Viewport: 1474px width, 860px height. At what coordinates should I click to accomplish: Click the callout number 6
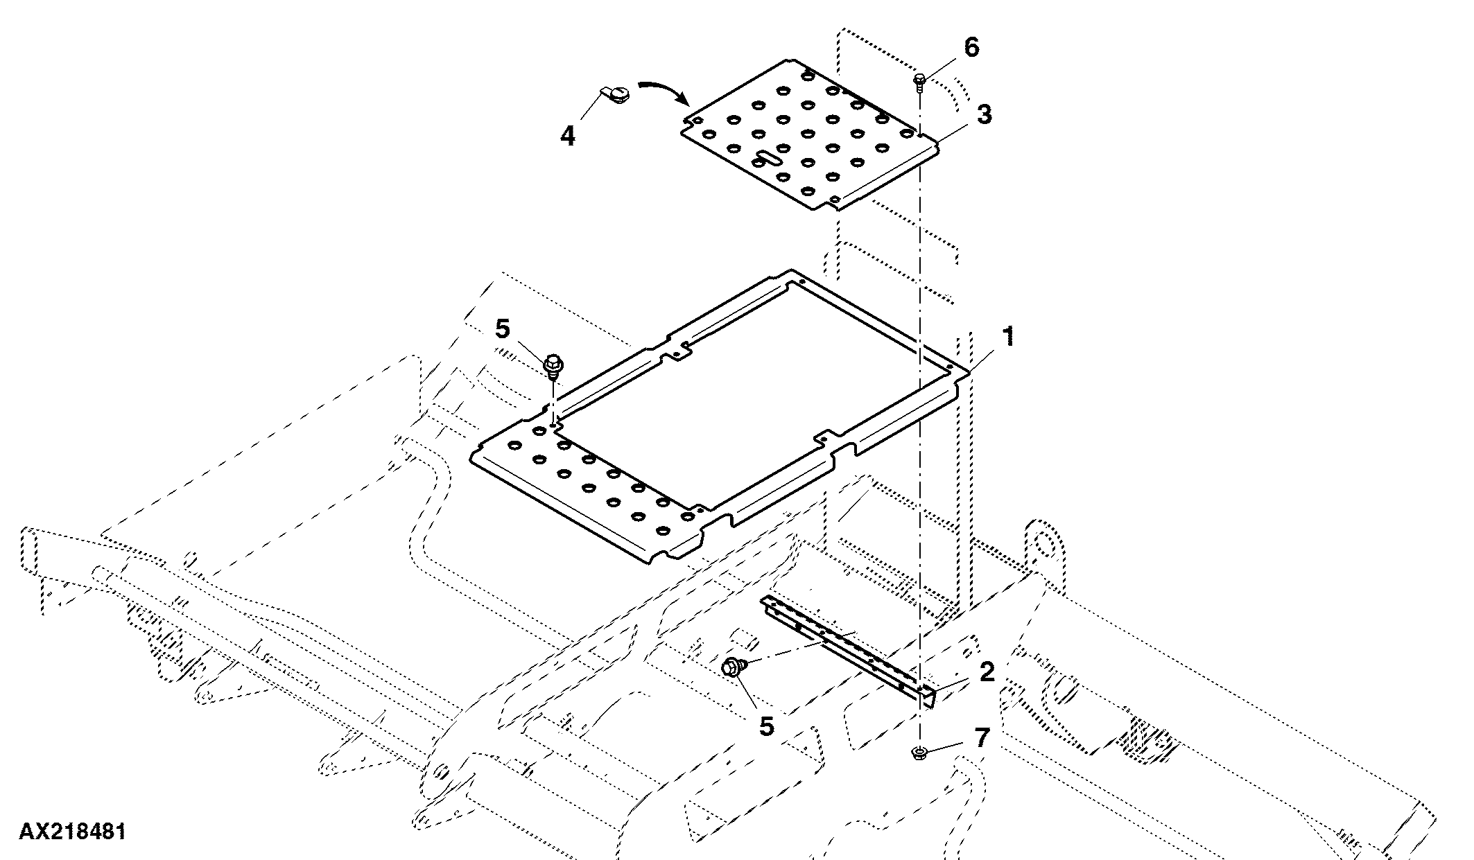coord(971,48)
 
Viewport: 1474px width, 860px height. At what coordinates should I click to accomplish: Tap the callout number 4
coord(568,135)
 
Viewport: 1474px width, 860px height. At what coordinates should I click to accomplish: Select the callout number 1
coord(1009,337)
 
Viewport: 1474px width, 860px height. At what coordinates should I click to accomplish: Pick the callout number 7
coord(982,737)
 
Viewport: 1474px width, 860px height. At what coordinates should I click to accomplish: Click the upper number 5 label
coord(503,329)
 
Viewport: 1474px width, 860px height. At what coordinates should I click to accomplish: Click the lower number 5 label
coord(766,726)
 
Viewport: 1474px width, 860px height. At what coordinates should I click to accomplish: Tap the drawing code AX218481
coord(73,832)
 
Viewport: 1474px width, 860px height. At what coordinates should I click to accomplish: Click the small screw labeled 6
coord(920,82)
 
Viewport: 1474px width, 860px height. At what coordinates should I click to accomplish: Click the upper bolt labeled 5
coord(553,366)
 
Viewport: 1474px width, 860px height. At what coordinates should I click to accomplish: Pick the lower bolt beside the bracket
coord(734,667)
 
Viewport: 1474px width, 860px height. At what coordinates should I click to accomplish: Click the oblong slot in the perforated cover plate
coord(768,157)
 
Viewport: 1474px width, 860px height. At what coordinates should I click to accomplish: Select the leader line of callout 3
coord(955,133)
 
